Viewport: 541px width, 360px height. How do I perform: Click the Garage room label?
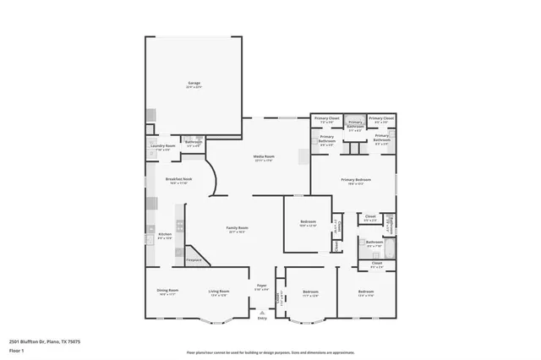click(194, 83)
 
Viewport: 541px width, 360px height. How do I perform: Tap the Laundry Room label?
click(162, 146)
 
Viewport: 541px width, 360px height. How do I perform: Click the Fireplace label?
click(193, 259)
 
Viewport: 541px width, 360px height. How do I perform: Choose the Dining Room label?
click(167, 292)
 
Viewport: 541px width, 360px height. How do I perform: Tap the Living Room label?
click(219, 292)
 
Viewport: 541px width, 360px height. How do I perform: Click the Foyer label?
click(262, 286)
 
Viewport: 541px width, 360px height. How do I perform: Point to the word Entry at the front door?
click(262, 318)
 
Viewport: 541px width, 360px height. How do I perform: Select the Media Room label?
click(265, 156)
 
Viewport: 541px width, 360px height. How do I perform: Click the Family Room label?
click(237, 228)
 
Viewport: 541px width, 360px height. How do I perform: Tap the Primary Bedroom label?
click(356, 179)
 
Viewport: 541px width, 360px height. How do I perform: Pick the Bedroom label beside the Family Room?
click(308, 222)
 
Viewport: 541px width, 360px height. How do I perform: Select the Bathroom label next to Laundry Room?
click(194, 142)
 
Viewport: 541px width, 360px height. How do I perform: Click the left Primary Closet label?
click(329, 118)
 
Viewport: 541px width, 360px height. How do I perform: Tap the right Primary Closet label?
click(381, 118)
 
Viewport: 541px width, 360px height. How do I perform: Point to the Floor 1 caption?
click(16, 349)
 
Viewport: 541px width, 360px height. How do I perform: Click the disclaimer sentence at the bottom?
click(270, 352)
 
